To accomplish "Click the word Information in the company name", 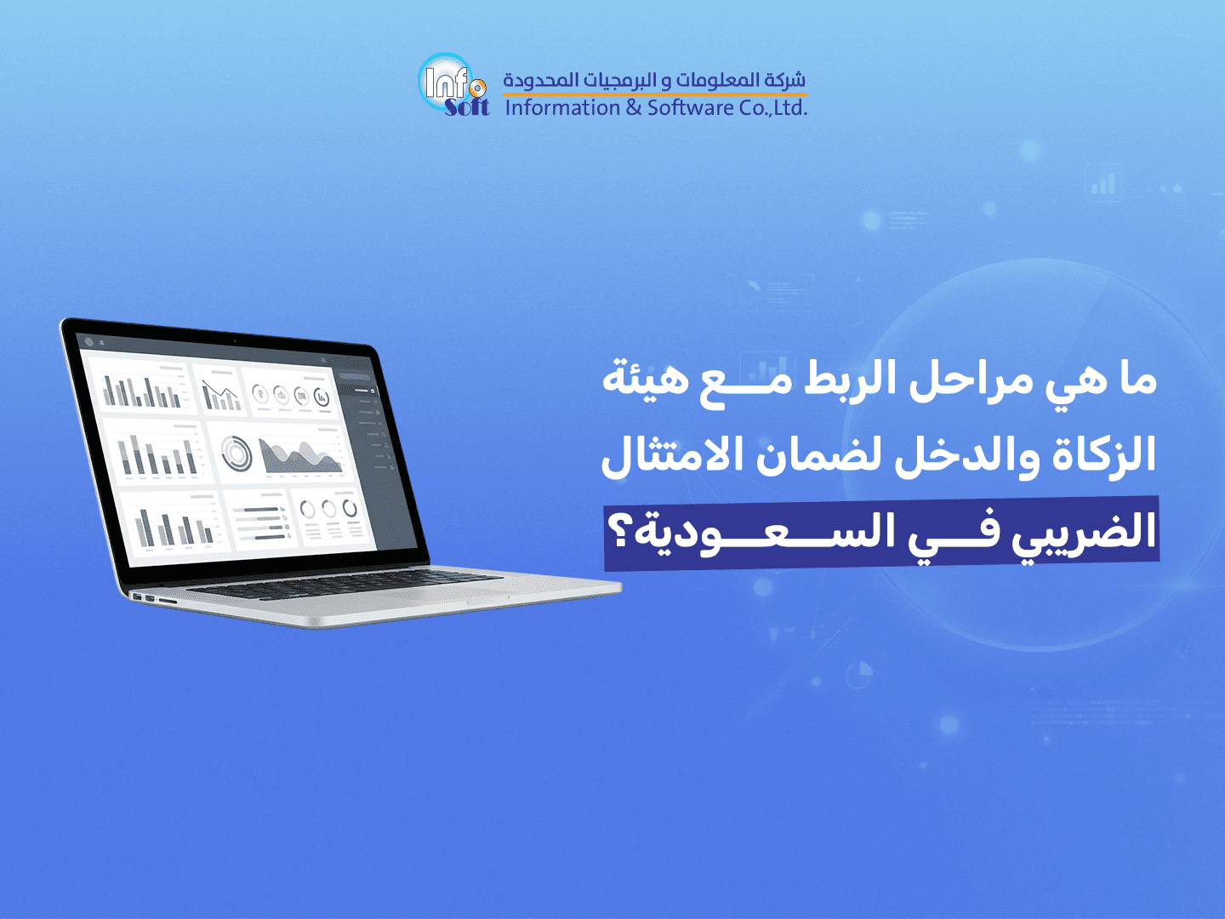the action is pos(562,107).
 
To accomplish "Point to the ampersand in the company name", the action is pos(634,107).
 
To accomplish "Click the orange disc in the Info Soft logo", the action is pos(478,88).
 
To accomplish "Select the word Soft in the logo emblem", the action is pos(467,106).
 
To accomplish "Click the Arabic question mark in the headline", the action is pos(618,533).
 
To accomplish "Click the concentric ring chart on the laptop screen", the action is pos(236,453).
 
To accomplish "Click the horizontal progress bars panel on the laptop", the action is pos(260,522).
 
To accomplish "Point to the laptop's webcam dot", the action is pos(235,340).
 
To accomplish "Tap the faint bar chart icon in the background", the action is pos(1102,182).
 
